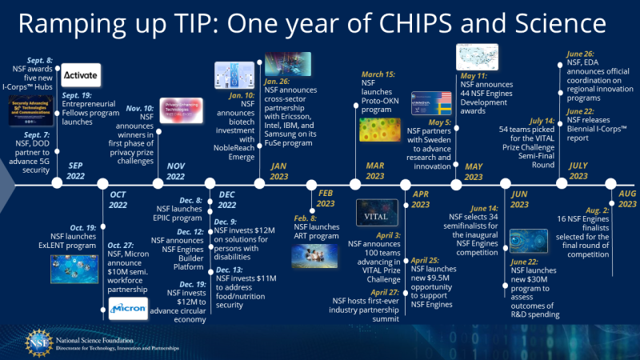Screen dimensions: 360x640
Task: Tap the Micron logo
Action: (x=128, y=309)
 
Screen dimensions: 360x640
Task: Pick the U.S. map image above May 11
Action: (x=477, y=57)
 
